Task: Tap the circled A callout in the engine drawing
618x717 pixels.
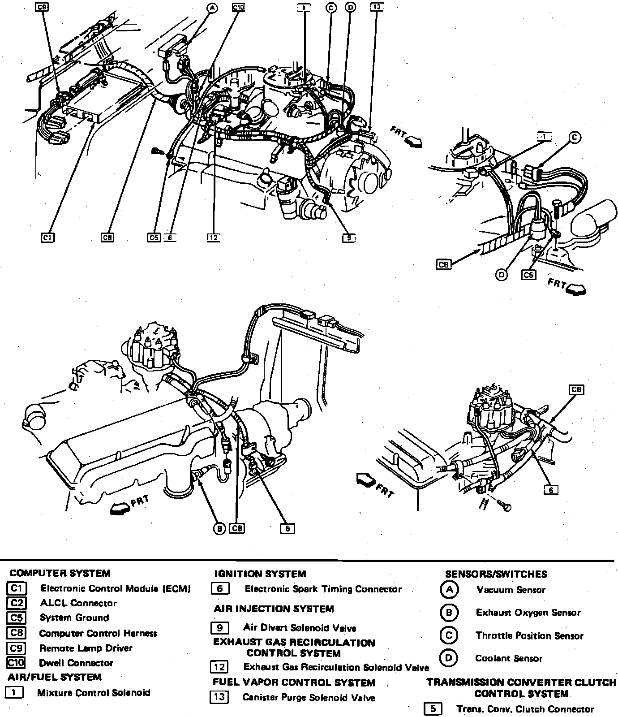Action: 212,8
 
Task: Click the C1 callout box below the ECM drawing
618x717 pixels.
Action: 47,238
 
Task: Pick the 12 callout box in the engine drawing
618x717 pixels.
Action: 213,238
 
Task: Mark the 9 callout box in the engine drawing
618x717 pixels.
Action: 348,238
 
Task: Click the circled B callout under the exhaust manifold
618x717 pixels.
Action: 219,529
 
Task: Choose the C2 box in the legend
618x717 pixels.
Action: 17,603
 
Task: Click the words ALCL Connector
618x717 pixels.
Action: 78,603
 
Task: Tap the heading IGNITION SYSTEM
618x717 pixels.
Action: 260,574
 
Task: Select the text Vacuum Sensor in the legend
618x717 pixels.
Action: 511,590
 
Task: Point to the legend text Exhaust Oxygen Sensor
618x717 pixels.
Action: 528,613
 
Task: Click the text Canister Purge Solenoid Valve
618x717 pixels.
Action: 309,697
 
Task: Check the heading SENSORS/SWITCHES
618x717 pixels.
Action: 496,574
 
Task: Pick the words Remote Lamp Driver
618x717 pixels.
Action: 86,648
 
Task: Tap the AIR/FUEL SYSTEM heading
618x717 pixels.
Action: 55,677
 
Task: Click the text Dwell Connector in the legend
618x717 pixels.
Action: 76,663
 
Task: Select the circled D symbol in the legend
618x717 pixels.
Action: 448,658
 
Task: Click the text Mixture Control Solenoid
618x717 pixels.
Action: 94,692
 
